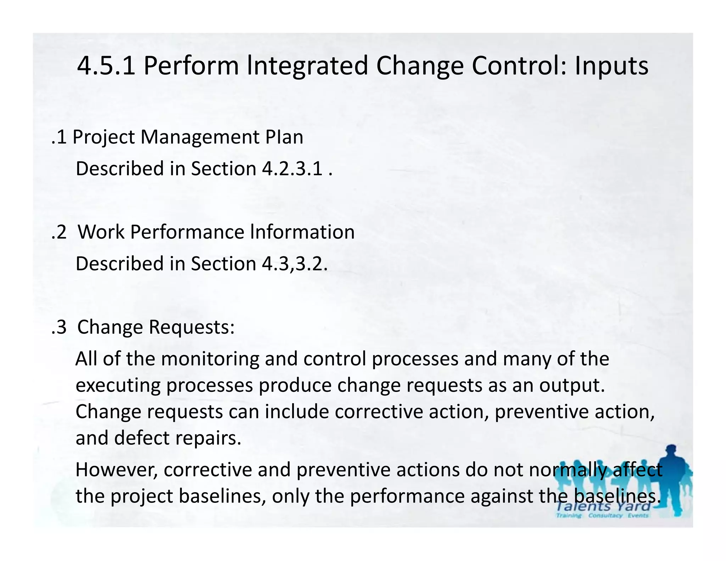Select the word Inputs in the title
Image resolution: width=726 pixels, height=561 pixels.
pyautogui.click(x=611, y=66)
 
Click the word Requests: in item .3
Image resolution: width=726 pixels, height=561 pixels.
pyautogui.click(x=191, y=327)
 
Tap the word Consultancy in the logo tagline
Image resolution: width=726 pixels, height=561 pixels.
pyautogui.click(x=605, y=515)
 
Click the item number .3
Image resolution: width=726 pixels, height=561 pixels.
pyautogui.click(x=59, y=327)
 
